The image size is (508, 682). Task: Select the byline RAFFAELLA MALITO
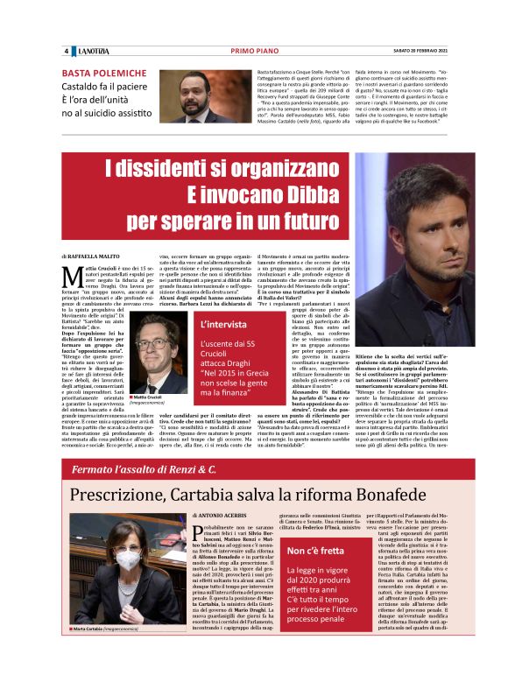tap(102, 255)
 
